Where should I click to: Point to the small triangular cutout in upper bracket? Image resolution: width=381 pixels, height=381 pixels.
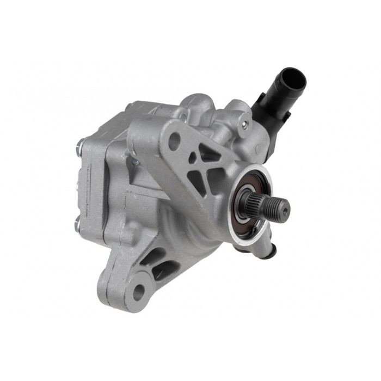pos(192,158)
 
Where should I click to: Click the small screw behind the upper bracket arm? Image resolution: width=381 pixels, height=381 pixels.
pos(136,161)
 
